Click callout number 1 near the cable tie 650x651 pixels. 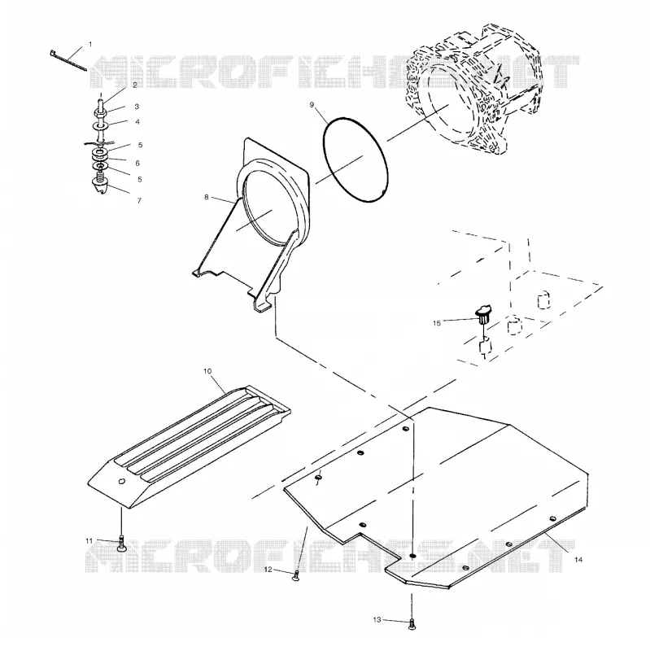(90, 45)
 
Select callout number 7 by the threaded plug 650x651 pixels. (139, 200)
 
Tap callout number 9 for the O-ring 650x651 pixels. (312, 105)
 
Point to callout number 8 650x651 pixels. (207, 197)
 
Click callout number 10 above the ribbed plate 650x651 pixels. (207, 371)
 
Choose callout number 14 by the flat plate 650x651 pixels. (578, 560)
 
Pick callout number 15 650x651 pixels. (437, 323)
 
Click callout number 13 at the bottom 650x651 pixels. (377, 620)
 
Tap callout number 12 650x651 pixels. (268, 569)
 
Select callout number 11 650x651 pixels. (89, 540)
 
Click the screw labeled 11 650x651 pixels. (121, 544)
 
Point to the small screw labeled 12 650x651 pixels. (296, 575)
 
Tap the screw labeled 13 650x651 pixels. (412, 624)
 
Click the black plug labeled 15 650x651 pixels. (483, 314)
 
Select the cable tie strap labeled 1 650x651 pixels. (68, 61)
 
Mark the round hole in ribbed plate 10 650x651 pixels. (121, 481)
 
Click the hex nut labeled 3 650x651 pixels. (101, 112)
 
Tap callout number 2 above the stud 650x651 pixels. (135, 85)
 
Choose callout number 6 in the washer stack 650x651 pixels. (137, 164)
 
